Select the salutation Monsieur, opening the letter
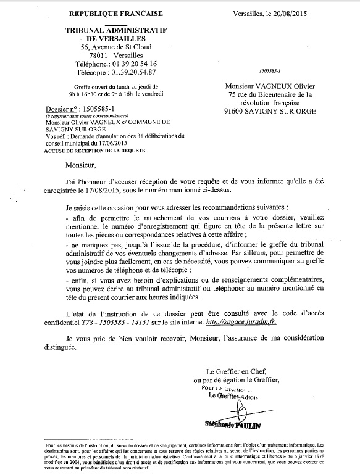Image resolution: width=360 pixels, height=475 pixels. tap(85, 165)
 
